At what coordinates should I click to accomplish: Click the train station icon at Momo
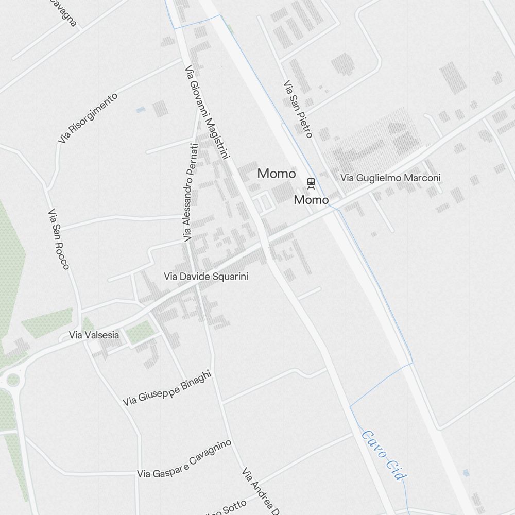point(311,183)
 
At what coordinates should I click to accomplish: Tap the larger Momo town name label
point(277,174)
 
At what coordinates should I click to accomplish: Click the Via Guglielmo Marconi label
point(390,178)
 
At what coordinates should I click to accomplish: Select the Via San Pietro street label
point(298,109)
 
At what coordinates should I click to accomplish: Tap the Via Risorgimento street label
point(88,118)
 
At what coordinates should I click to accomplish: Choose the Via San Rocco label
point(58,239)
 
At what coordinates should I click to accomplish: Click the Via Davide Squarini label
point(206,277)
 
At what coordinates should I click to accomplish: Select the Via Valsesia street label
point(94,335)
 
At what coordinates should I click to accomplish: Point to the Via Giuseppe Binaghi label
point(167,389)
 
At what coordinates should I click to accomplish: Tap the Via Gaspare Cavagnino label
point(184,459)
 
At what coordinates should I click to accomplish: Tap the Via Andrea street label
point(261,491)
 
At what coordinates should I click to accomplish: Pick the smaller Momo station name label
point(311,199)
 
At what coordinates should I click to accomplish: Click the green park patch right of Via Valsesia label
point(140,333)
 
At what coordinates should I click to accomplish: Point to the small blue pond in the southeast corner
point(466,472)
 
